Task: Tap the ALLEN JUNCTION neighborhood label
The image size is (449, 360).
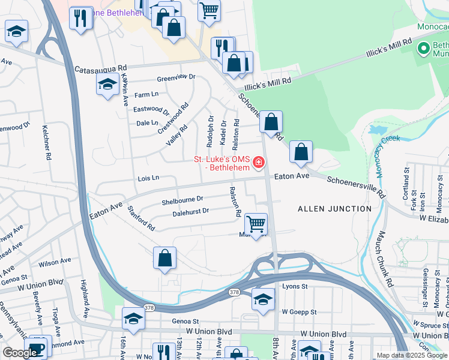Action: pyautogui.click(x=334, y=208)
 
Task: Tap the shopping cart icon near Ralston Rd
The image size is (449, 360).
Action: pyautogui.click(x=256, y=224)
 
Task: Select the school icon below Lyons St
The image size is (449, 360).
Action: pyautogui.click(x=263, y=299)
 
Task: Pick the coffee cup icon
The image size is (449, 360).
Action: pyautogui.click(x=37, y=348)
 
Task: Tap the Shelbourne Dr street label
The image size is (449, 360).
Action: pyautogui.click(x=182, y=200)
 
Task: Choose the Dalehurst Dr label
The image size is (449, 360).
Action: pyautogui.click(x=190, y=212)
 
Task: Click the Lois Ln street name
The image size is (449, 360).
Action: pyautogui.click(x=148, y=178)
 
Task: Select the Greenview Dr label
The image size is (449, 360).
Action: pyautogui.click(x=176, y=77)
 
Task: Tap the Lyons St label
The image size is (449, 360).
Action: pyautogui.click(x=295, y=287)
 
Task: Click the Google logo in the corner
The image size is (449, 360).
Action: pyautogui.click(x=19, y=353)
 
